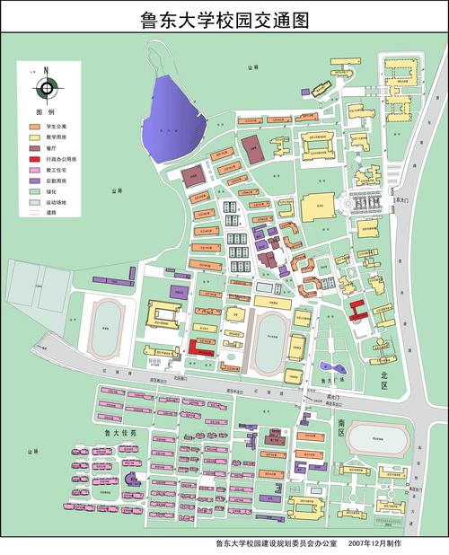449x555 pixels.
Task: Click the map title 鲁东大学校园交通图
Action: point(224,19)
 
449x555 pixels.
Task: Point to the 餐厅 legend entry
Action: point(49,147)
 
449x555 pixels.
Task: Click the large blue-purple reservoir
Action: point(175,117)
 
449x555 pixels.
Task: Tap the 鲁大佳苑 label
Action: point(119,432)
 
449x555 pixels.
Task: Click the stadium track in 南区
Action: point(378,440)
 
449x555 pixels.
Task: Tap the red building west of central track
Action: point(200,348)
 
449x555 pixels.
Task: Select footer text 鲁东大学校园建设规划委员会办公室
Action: point(275,544)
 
